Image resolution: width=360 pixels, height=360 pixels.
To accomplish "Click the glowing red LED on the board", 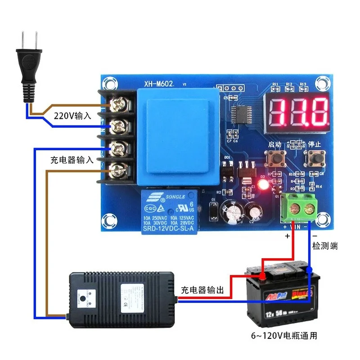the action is point(264,184).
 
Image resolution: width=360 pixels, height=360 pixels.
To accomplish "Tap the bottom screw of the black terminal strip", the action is point(119,170).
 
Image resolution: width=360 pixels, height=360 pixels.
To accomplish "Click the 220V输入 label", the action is point(73,116).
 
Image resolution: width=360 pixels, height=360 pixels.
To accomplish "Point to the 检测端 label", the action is point(325,246).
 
